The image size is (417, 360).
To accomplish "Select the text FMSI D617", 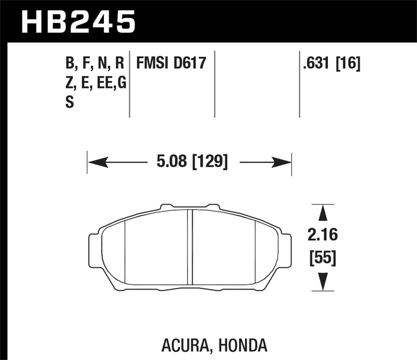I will coord(171,63).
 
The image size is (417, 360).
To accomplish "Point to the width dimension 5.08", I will coord(171,162).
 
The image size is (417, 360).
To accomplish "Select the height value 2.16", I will coord(323,235).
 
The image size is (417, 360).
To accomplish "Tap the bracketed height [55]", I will coord(323,258).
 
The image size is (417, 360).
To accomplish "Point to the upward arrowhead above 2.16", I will coord(322,214).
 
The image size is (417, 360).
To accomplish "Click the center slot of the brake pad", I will coord(190,247).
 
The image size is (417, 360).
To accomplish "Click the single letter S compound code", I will coord(70,102).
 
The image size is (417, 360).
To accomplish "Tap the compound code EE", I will coord(104,83).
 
